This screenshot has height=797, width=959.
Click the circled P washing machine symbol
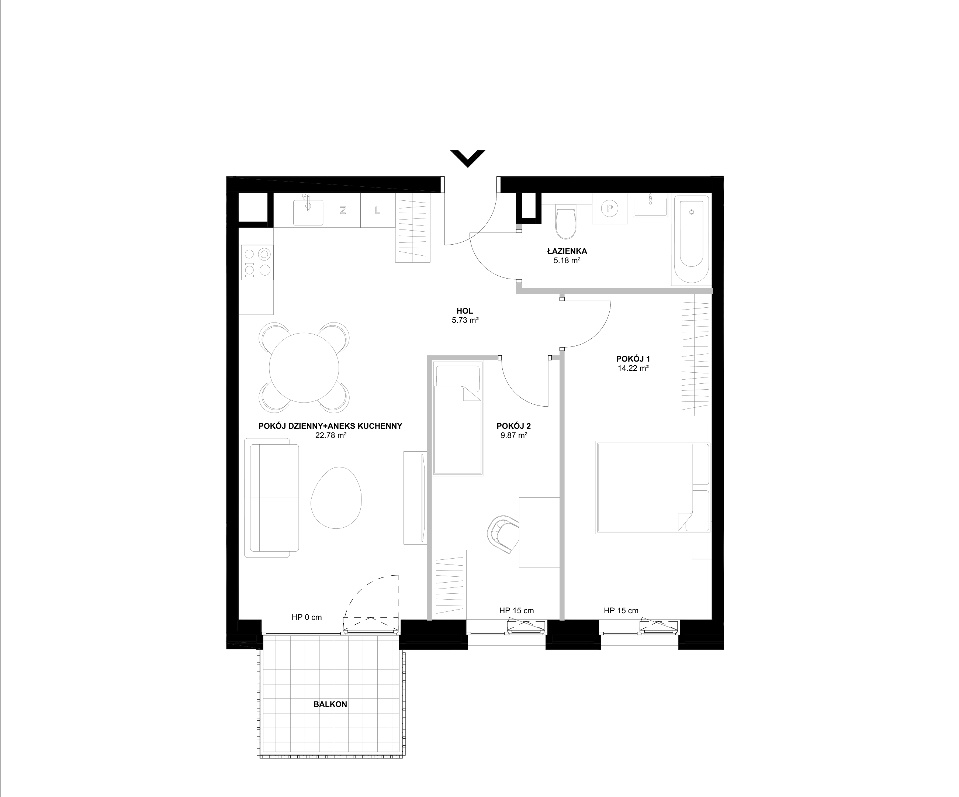click(x=609, y=209)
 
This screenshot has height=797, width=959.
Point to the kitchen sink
click(x=308, y=210)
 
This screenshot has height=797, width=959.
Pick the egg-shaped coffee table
click(x=336, y=497)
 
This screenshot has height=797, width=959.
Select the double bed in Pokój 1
click(x=653, y=487)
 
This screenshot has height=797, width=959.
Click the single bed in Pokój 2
click(x=458, y=418)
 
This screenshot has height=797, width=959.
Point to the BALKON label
click(x=330, y=704)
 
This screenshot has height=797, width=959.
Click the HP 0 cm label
click(x=307, y=617)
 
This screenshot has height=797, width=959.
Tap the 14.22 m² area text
click(x=633, y=368)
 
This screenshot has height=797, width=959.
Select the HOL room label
click(x=465, y=311)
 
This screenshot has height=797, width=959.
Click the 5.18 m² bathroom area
click(x=567, y=261)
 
